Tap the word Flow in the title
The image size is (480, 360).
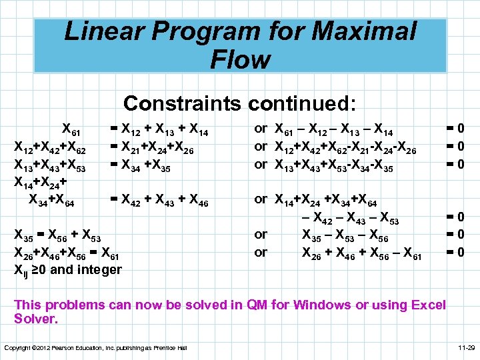[240, 60]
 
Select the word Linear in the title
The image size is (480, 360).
[109, 32]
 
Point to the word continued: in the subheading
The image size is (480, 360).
[303, 103]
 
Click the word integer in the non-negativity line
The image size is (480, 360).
[100, 269]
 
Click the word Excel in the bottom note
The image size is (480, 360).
[429, 305]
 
